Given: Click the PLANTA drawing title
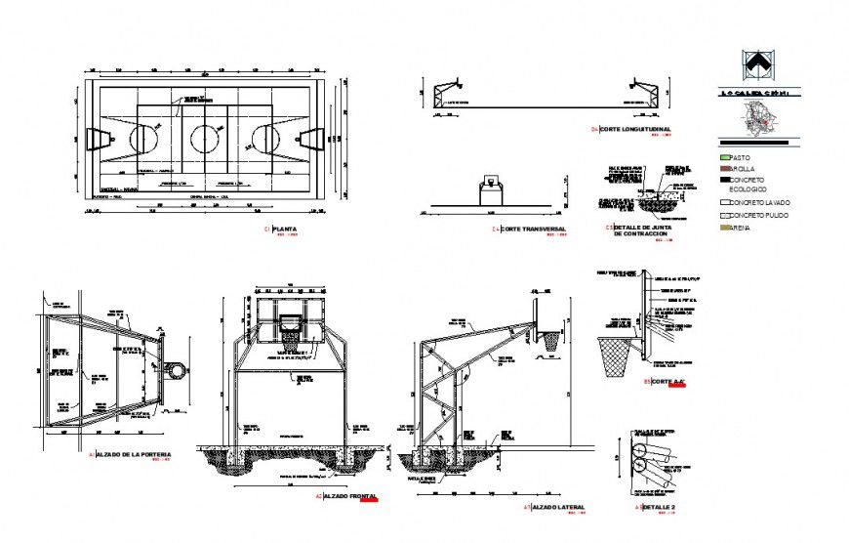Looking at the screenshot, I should click(x=286, y=230).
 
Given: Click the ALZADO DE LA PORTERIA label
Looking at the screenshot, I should click(x=135, y=455).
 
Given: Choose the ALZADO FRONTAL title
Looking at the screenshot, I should click(x=350, y=497).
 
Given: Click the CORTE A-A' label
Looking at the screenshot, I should click(x=668, y=381).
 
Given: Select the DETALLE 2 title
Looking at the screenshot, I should click(x=659, y=508).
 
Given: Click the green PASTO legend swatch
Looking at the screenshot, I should click(x=724, y=157).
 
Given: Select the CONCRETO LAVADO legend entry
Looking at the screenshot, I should click(x=757, y=202).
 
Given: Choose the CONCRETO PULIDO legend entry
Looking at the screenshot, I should click(x=757, y=214).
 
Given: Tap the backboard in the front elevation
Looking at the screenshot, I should click(x=290, y=318).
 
